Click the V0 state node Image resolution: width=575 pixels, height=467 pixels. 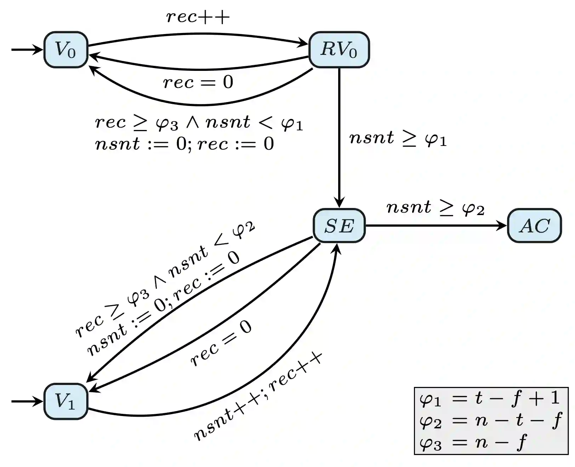tap(66, 50)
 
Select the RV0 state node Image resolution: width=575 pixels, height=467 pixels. tap(339, 50)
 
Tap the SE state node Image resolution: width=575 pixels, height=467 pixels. tap(339, 226)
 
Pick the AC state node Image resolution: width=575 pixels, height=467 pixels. tap(534, 226)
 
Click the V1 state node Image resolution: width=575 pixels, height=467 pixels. tap(66, 401)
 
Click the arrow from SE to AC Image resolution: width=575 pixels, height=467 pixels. tap(435, 226)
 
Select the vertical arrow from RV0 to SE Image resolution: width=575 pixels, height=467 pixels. tap(339, 138)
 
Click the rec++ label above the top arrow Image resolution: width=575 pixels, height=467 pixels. tap(198, 17)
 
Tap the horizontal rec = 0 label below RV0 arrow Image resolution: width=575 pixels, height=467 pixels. tap(198, 82)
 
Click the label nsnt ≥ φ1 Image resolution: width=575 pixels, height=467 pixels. tap(398, 138)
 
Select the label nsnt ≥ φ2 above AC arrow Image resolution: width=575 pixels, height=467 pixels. tap(435, 208)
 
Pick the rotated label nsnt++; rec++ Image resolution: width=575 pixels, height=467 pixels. tap(258, 397)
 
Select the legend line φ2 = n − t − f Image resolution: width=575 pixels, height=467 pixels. tap(490, 421)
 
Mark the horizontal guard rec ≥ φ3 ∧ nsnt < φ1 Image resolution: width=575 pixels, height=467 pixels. tap(199, 123)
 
